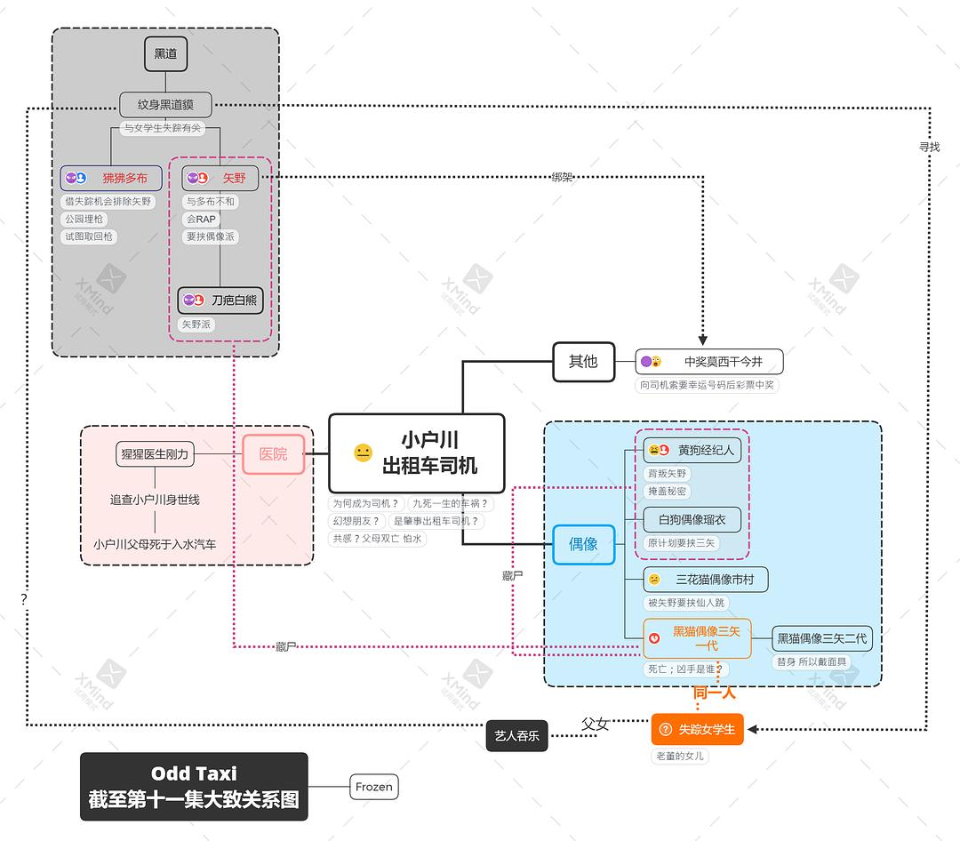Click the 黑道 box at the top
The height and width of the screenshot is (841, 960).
click(165, 54)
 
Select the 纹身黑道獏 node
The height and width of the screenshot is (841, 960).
click(166, 105)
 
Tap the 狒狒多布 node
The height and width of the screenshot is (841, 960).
click(111, 178)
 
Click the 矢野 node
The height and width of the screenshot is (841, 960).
click(220, 178)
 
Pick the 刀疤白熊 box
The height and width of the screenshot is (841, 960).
click(220, 300)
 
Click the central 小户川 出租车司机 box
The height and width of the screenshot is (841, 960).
click(416, 453)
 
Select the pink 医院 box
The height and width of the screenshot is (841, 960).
click(273, 454)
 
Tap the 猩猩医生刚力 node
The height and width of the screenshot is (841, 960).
click(155, 454)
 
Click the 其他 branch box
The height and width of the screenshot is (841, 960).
click(583, 361)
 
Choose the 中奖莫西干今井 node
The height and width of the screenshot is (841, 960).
click(709, 362)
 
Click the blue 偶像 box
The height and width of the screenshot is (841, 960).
click(583, 544)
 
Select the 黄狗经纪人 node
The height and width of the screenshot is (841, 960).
click(692, 450)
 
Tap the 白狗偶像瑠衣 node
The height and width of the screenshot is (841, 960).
click(692, 519)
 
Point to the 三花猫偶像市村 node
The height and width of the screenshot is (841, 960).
click(706, 580)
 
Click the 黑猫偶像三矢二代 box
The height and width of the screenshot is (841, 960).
click(821, 637)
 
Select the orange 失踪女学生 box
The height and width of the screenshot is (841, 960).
click(696, 730)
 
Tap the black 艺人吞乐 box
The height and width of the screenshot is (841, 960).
click(516, 735)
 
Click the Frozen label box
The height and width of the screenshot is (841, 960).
click(373, 787)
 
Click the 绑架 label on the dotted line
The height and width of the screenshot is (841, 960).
click(562, 177)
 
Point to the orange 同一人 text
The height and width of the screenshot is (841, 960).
click(714, 693)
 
